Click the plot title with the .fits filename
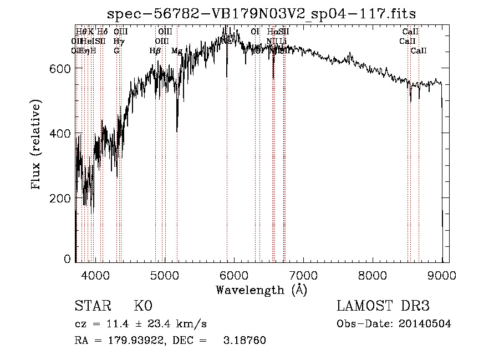pos(261,13)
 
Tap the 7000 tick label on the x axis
pos(303,276)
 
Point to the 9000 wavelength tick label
pos(442,276)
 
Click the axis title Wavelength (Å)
pos(261,290)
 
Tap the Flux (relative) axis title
pos(37,145)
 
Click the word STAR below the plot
pos(92,306)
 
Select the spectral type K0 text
pos(143,306)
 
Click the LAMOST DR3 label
pos(383,306)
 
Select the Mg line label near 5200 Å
pos(176,51)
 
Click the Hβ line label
pos(155,51)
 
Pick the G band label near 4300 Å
pos(116,51)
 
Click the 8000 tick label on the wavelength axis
pos(373,276)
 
